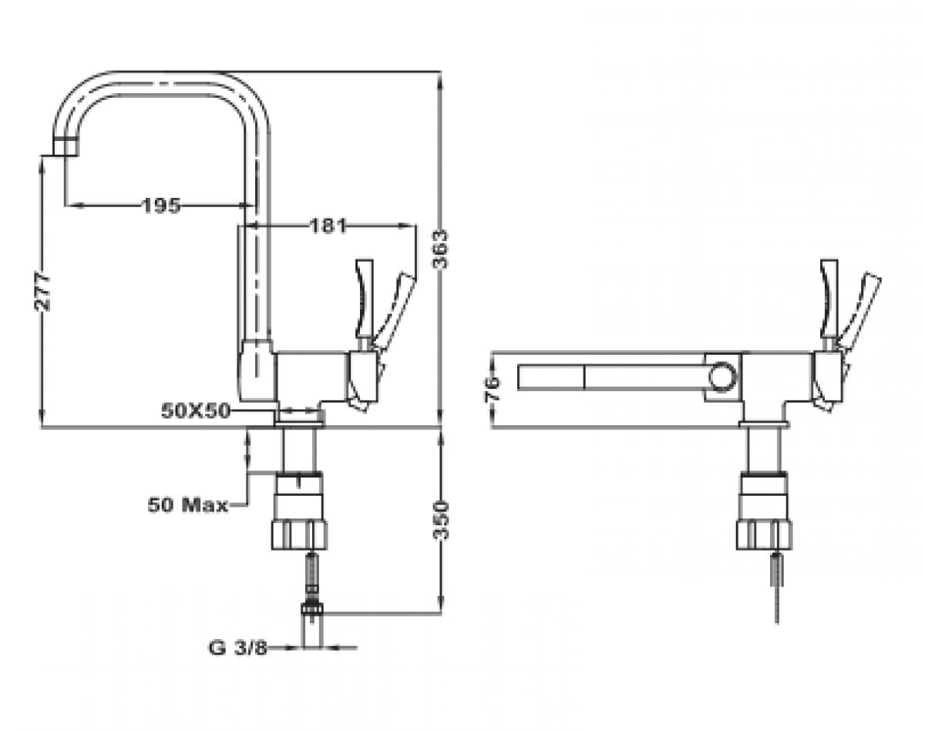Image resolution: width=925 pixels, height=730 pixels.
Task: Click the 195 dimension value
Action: [160, 205]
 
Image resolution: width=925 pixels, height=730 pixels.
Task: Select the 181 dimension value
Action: [328, 226]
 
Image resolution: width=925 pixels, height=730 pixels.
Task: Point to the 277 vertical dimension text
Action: [43, 291]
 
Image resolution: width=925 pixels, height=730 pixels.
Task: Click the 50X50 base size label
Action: [196, 411]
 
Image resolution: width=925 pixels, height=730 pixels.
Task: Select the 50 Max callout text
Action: [187, 505]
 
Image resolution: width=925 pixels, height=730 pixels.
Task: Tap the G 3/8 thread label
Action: [237, 648]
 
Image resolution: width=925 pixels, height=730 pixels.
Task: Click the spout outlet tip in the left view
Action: [66, 147]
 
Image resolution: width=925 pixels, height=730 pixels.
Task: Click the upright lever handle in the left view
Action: [364, 296]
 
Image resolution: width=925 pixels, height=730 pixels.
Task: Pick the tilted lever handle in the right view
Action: [862, 308]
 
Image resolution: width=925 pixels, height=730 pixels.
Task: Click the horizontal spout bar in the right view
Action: [617, 377]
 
